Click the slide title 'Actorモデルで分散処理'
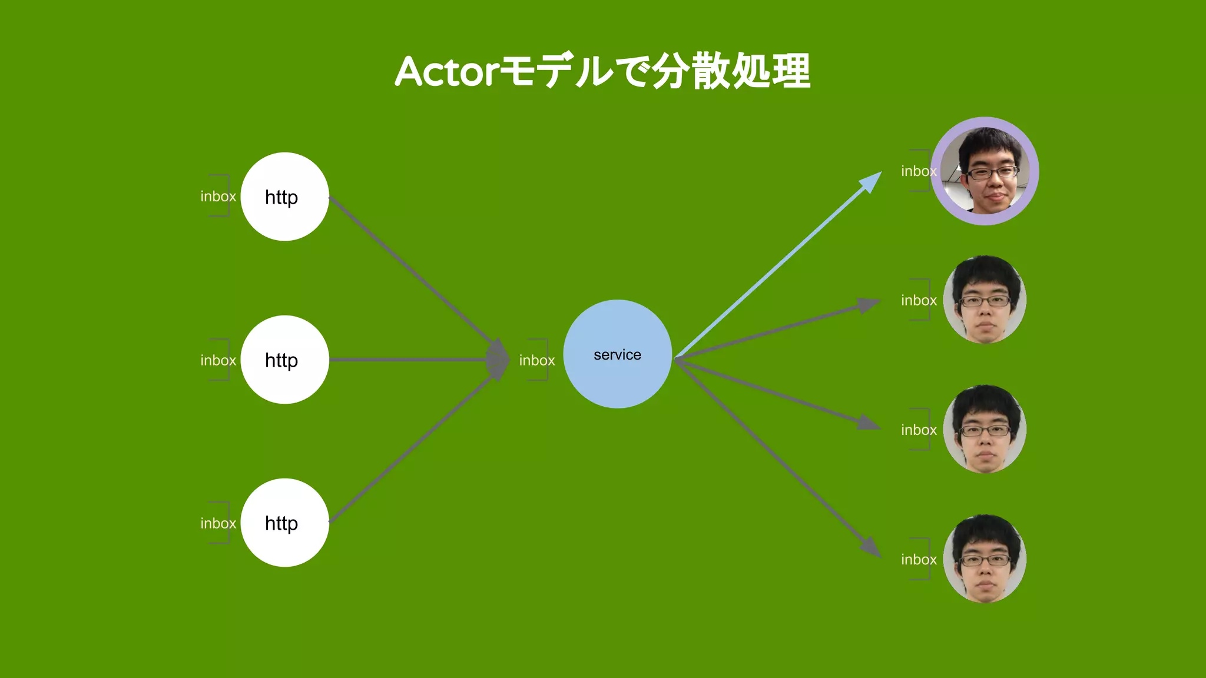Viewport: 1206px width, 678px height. (x=602, y=71)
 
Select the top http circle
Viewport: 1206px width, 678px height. (x=284, y=197)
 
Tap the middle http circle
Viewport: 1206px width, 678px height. (x=284, y=360)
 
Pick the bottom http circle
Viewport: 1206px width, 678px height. (x=284, y=523)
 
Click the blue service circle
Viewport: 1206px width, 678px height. (x=617, y=354)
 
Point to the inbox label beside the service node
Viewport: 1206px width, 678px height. (x=536, y=360)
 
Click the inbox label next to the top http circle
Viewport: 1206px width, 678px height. (x=218, y=197)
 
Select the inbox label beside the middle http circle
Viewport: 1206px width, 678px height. (x=218, y=360)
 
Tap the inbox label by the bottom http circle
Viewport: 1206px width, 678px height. (x=218, y=523)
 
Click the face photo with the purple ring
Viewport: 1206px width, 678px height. (x=985, y=171)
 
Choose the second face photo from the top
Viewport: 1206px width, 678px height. (x=985, y=300)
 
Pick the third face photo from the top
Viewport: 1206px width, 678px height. (x=985, y=429)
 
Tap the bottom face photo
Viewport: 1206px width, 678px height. (x=985, y=559)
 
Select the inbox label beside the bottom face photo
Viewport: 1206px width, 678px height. (x=919, y=559)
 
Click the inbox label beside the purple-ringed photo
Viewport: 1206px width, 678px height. (x=918, y=171)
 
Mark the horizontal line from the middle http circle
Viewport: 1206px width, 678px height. (x=406, y=360)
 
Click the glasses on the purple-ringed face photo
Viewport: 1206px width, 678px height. (x=993, y=173)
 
